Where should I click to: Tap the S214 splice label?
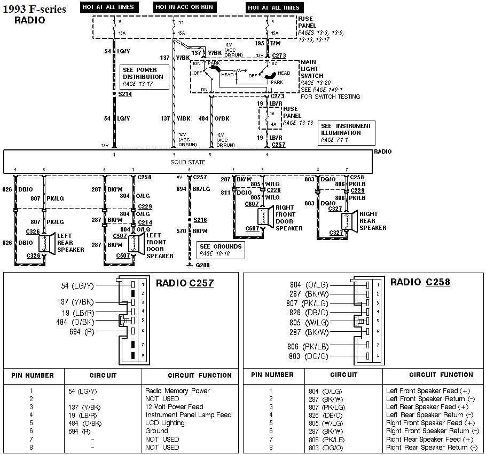(x=124, y=94)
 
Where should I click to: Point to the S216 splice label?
(x=200, y=220)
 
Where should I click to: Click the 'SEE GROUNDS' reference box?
(x=221, y=250)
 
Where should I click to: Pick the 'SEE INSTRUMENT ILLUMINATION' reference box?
(x=346, y=132)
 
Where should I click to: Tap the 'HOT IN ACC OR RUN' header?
(x=183, y=7)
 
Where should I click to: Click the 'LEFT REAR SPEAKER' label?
(x=70, y=242)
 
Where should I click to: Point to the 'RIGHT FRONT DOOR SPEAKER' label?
(x=289, y=218)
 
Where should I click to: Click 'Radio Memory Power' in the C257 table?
(x=177, y=390)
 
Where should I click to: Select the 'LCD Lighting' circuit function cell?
(x=165, y=423)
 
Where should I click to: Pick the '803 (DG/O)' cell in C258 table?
(x=325, y=448)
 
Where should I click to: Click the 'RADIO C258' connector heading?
(x=420, y=282)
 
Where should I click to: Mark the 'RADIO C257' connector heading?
(x=185, y=283)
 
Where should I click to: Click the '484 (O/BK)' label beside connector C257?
(x=75, y=322)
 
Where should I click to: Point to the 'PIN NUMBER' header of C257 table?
(x=33, y=376)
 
